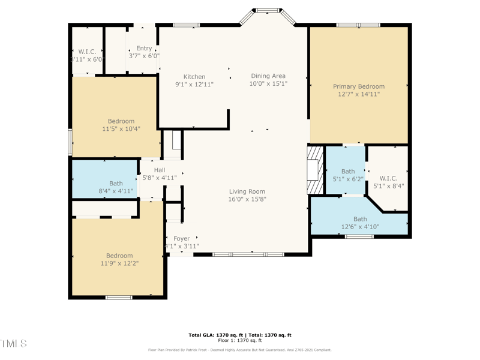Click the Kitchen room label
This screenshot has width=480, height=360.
(x=194, y=77)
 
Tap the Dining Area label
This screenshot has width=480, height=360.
(x=268, y=76)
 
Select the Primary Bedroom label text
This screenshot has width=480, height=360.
(x=359, y=86)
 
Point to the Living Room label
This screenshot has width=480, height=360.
(x=247, y=192)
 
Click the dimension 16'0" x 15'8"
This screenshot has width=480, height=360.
(x=247, y=199)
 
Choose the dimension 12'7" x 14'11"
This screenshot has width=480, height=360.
(x=359, y=94)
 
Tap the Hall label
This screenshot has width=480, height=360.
(x=159, y=170)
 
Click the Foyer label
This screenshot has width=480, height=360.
(x=181, y=239)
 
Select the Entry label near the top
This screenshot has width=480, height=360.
(x=144, y=49)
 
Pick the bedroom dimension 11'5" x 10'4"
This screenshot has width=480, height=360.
(x=121, y=128)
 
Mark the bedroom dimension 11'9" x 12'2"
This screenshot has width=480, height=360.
(x=119, y=263)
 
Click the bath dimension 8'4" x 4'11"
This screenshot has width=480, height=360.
(x=116, y=191)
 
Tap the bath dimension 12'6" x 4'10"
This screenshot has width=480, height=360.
(x=360, y=227)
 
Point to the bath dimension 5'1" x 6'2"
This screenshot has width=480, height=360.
(x=348, y=179)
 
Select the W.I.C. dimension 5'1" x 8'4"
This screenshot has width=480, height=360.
(x=388, y=186)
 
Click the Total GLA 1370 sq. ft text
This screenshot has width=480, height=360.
(x=239, y=335)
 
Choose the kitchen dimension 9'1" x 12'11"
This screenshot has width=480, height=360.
(x=194, y=85)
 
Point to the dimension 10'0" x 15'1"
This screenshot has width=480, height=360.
(x=268, y=84)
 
